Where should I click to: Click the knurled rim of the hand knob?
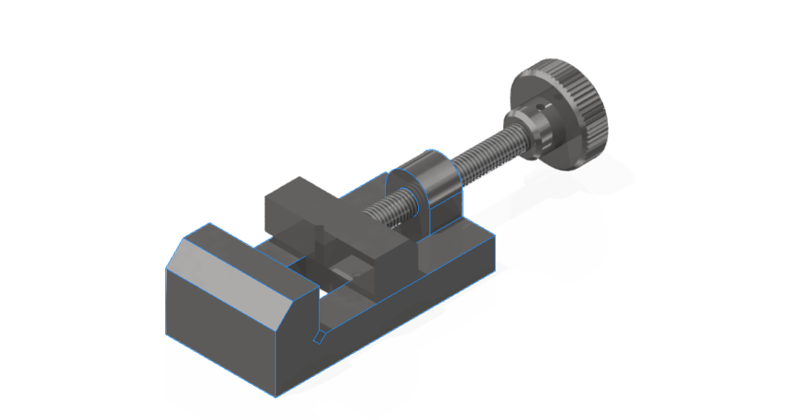click(588, 116)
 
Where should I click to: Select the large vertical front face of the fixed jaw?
click(219, 331)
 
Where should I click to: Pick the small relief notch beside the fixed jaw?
click(317, 336)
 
